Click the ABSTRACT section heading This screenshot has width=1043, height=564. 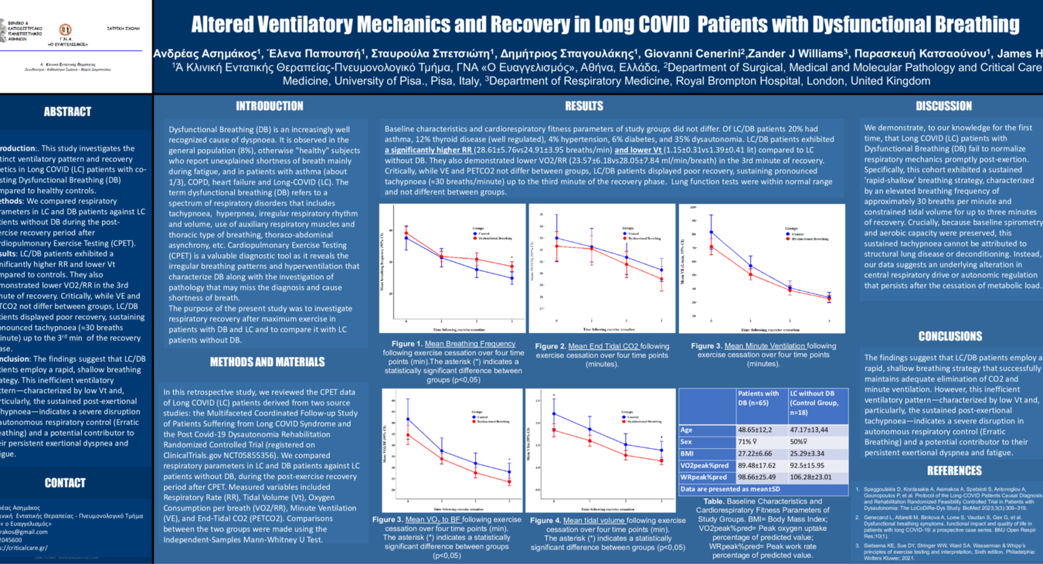67,111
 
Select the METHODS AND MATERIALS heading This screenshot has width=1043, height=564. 267,362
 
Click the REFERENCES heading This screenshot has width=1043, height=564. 954,471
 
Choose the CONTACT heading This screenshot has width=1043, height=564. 65,483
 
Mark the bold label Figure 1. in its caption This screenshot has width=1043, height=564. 406,344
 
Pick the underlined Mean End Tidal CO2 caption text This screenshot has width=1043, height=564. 603,346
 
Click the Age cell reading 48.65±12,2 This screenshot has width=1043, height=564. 761,430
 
